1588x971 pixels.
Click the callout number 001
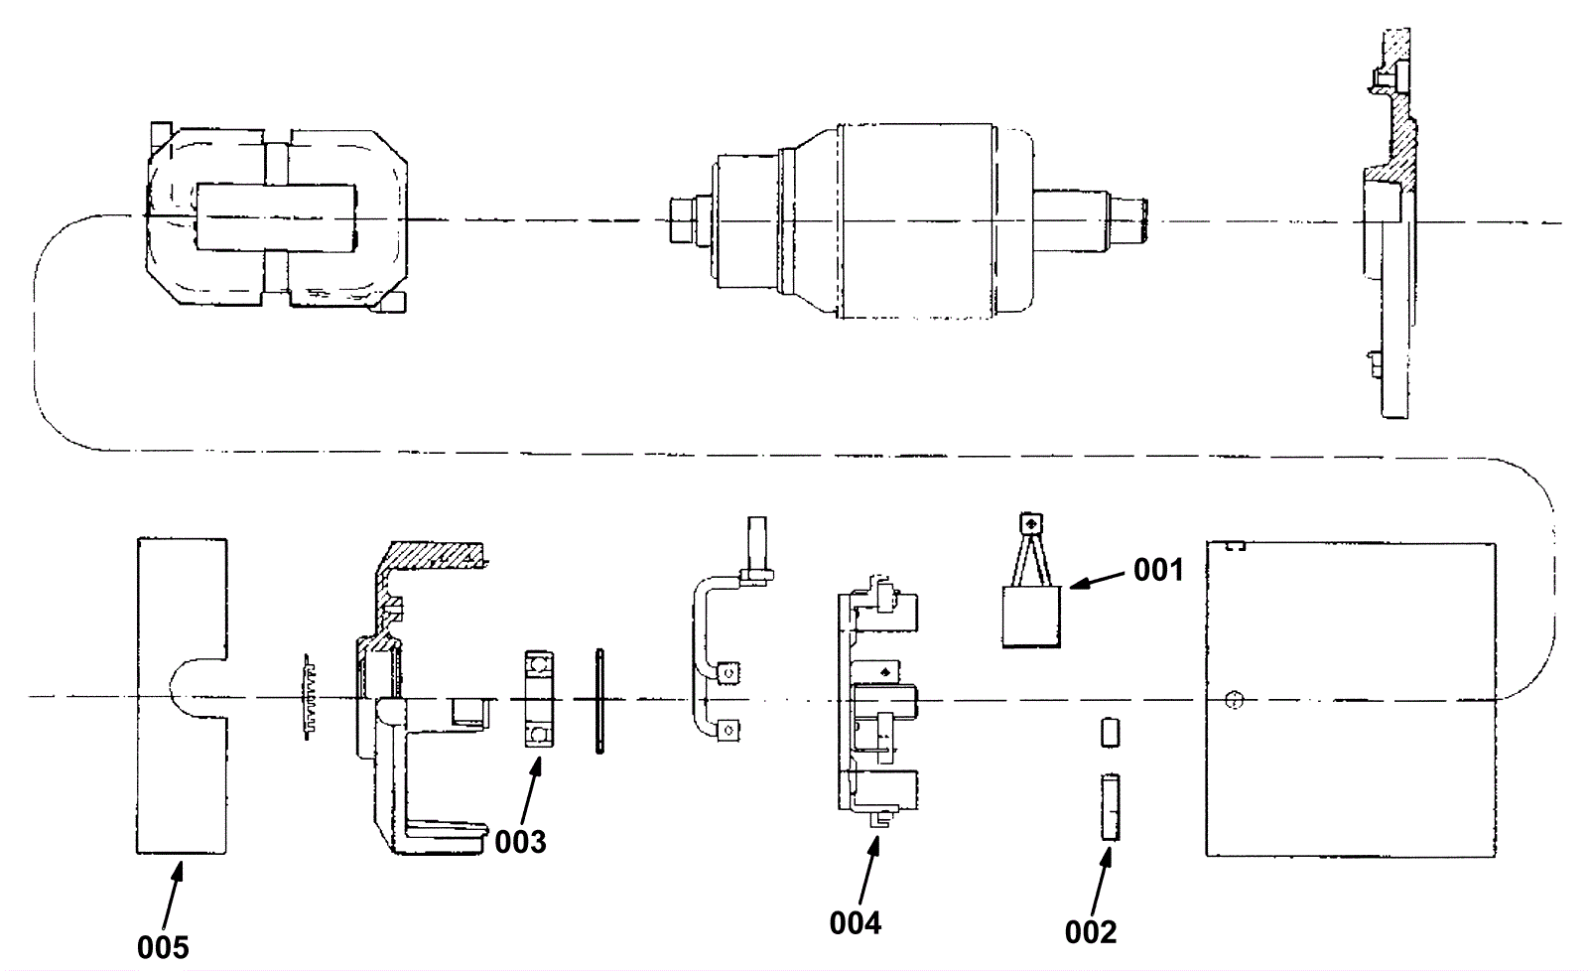(x=1158, y=570)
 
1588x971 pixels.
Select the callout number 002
(x=1090, y=931)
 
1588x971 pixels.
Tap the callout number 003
(x=520, y=842)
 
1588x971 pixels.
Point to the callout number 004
(x=855, y=923)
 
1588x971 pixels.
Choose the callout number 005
(x=162, y=946)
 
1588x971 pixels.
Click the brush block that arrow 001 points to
(x=1031, y=616)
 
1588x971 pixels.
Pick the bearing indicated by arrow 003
(x=538, y=699)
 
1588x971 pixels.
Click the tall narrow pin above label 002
(x=1110, y=808)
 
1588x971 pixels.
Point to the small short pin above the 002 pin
(x=1110, y=733)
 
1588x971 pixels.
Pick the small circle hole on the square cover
(x=1234, y=700)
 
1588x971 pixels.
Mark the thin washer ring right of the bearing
(x=599, y=701)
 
